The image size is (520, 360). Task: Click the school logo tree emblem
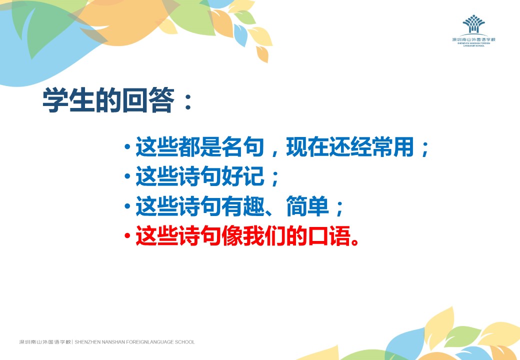pos(473,24)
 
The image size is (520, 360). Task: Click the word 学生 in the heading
pos(69,100)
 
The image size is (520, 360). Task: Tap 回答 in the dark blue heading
pos(148,100)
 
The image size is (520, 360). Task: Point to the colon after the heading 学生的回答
pos(188,101)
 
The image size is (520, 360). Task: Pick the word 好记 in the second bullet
pos(243,176)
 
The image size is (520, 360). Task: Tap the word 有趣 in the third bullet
pos(243,206)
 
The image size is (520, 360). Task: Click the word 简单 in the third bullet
pos(307,206)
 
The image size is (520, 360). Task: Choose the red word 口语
pos(329,236)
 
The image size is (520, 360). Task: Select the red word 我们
pos(264,236)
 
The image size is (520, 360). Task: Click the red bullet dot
pos(127,236)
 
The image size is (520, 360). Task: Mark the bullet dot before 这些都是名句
pos(127,146)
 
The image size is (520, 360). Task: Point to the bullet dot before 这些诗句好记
pos(127,176)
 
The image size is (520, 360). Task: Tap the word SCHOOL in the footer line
pos(184,342)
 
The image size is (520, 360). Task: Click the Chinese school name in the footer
pos(45,342)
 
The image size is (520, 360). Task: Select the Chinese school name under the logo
pos(473,39)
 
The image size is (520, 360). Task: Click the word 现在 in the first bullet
pos(307,146)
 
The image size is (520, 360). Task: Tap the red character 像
pos(232,236)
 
